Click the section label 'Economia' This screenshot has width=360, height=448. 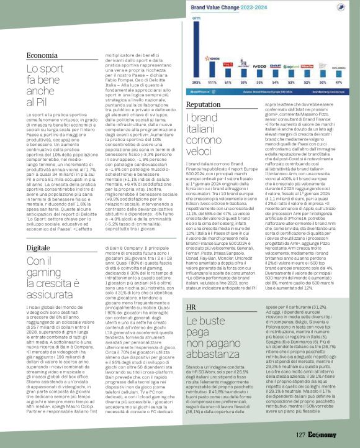(43, 57)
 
